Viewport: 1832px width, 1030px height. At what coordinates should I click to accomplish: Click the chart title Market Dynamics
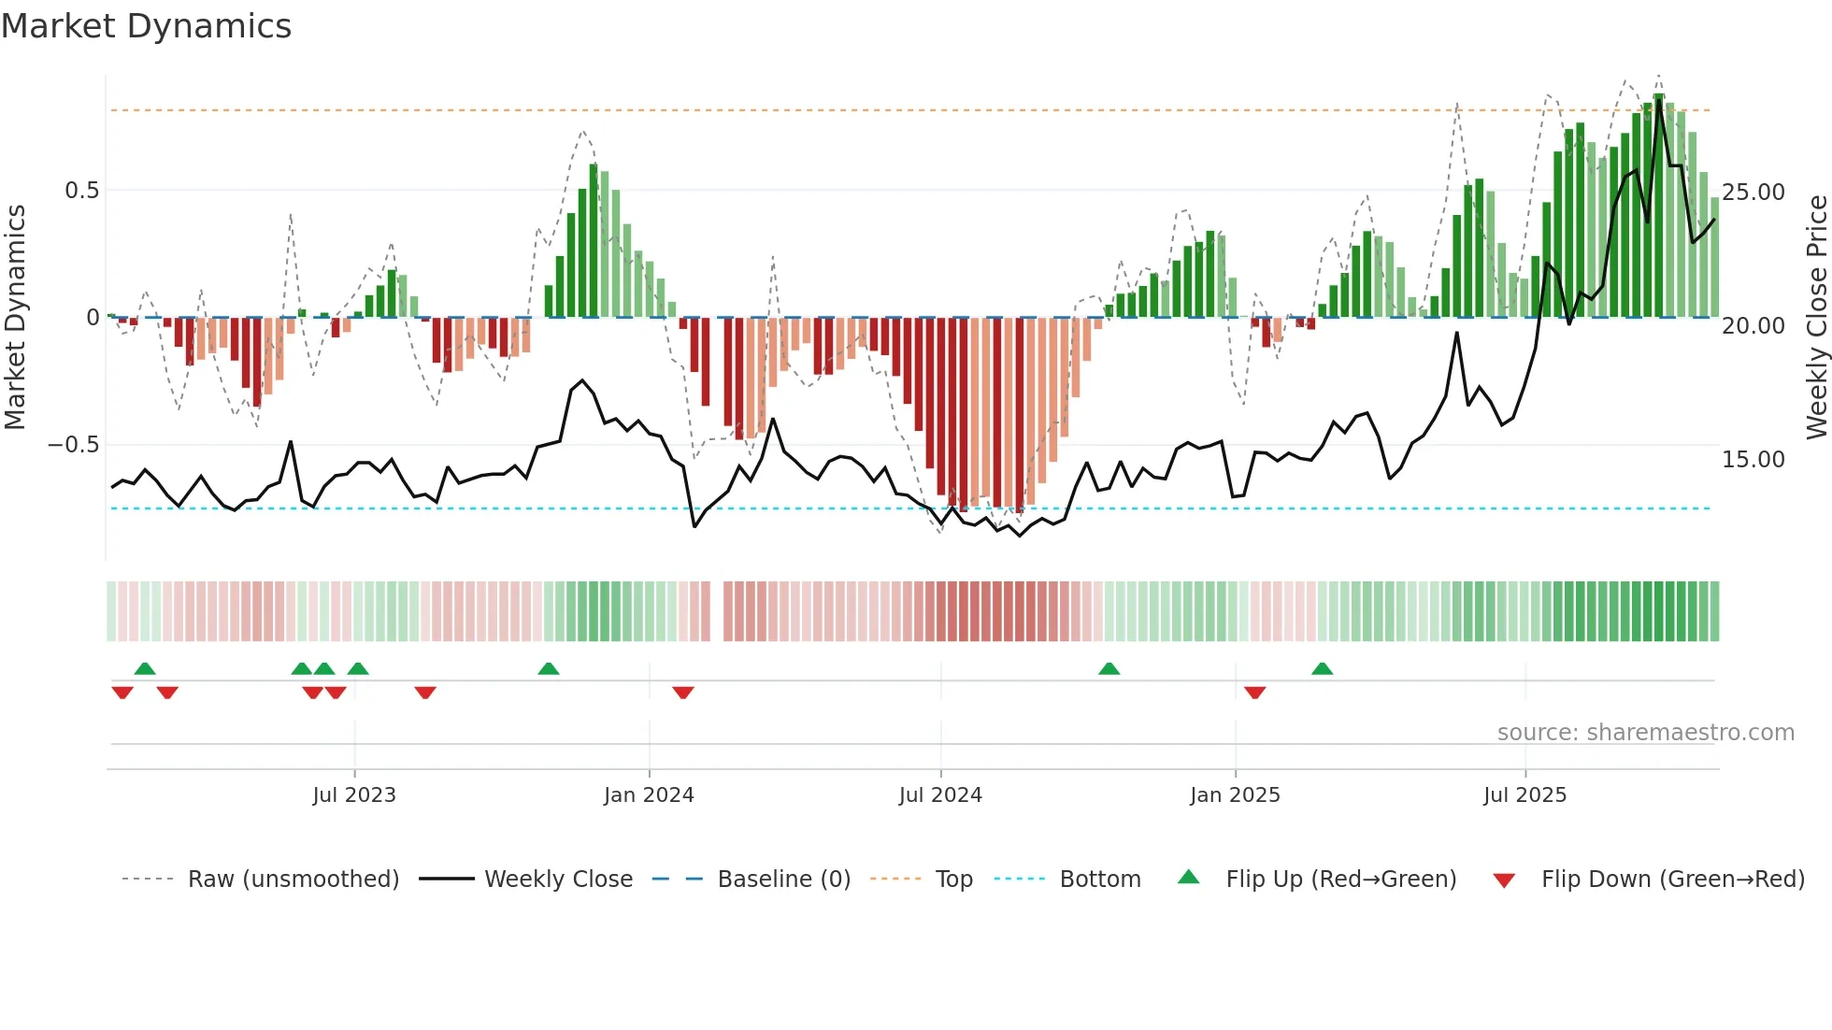click(x=146, y=26)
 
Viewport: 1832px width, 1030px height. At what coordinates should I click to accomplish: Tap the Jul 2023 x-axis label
click(x=354, y=795)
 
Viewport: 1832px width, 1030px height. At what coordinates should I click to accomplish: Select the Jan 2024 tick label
click(x=649, y=795)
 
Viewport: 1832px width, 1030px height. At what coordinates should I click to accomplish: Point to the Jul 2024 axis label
click(x=940, y=795)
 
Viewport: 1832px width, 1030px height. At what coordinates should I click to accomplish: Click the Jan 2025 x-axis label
click(x=1235, y=795)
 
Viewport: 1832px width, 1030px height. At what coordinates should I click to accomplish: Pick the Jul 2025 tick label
click(x=1524, y=795)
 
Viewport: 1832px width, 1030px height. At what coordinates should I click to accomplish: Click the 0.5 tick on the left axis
click(x=81, y=191)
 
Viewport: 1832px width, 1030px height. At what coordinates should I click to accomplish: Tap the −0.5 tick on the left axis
click(x=74, y=445)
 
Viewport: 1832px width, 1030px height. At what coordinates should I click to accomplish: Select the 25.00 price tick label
click(x=1753, y=193)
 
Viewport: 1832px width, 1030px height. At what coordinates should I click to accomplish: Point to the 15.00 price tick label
click(x=1753, y=460)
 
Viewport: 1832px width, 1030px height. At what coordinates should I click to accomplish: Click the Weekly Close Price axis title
click(x=1816, y=318)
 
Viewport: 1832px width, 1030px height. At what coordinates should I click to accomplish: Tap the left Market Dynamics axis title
click(x=16, y=318)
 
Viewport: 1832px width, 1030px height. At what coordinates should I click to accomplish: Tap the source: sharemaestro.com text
click(x=1645, y=733)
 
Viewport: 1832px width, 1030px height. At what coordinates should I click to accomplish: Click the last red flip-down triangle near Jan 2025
click(x=1255, y=693)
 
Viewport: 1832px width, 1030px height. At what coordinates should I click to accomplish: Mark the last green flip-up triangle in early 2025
click(x=1322, y=668)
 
